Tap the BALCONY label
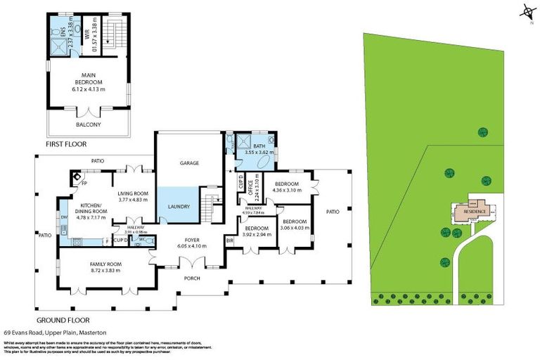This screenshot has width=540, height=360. (x=88, y=124)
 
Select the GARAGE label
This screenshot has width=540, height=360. (x=189, y=162)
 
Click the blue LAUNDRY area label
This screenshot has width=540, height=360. (x=179, y=207)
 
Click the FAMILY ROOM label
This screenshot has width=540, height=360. (x=105, y=264)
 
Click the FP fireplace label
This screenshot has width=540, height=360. (x=83, y=184)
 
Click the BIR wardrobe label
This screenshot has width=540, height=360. (x=229, y=241)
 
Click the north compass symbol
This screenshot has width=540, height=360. (x=526, y=12)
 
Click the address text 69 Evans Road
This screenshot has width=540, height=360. (x=25, y=331)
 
